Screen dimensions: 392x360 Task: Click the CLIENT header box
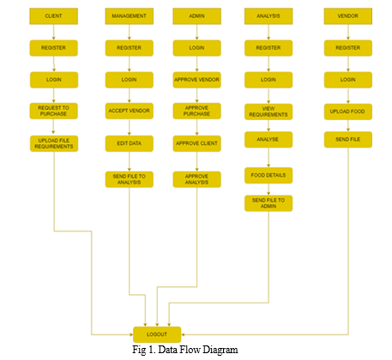point(53,16)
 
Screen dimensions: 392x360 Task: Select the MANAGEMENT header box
point(129,16)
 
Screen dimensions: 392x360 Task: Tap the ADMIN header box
point(196,16)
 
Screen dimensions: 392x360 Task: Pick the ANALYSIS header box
point(268,16)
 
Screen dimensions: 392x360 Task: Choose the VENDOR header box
point(348,16)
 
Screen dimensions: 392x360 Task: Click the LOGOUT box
point(157,334)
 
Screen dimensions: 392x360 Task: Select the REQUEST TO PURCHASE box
point(53,111)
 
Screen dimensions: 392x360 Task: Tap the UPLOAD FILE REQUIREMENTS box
point(54,143)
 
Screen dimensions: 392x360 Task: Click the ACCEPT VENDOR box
point(129,111)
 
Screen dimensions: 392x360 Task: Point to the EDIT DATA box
point(129,143)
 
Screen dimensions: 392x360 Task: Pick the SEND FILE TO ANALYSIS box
point(129,179)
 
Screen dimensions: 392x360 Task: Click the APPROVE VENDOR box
point(196,80)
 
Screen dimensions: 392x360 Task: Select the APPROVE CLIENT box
point(196,143)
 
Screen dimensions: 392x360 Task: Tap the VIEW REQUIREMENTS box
point(268,111)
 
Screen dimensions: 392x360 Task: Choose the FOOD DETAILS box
point(268,175)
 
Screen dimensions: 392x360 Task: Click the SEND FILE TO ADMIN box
point(268,203)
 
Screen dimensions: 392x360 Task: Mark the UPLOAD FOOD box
point(348,111)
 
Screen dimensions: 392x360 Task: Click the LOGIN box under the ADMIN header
point(196,48)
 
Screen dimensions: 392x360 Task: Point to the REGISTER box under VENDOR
point(348,48)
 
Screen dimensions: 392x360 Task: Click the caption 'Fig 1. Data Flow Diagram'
point(185,350)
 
